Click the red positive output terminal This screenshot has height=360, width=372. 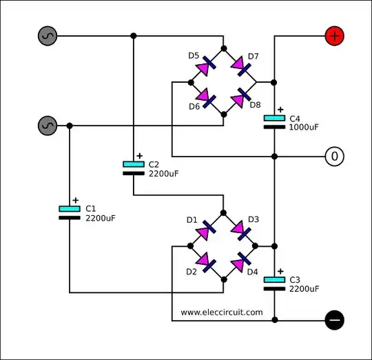click(x=334, y=37)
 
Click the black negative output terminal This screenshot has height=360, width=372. click(x=334, y=320)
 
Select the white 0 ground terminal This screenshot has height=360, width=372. click(x=334, y=157)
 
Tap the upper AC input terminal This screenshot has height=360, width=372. click(x=46, y=36)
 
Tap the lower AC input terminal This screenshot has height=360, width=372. click(x=46, y=126)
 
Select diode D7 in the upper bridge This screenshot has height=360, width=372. click(x=240, y=66)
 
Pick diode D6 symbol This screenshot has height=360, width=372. click(x=206, y=100)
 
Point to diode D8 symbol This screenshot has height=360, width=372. click(x=240, y=100)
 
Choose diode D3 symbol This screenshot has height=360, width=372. click(x=240, y=230)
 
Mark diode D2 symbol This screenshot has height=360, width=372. click(x=206, y=262)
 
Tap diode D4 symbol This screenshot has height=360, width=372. click(x=240, y=262)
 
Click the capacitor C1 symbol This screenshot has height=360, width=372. click(x=69, y=212)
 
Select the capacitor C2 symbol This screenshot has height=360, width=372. click(x=134, y=168)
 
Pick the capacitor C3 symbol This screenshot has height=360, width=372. click(x=274, y=283)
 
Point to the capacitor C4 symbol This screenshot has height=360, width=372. click(x=274, y=122)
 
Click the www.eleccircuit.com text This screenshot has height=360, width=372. click(x=222, y=312)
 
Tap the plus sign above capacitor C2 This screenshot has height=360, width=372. click(x=140, y=155)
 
